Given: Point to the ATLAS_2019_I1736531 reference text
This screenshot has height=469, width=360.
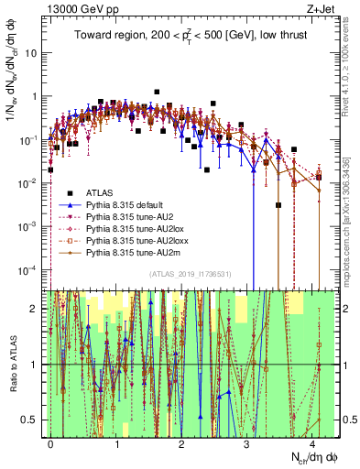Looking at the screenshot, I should pyautogui.click(x=189, y=274).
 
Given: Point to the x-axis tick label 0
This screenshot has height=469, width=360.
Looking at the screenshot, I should pyautogui.click(x=51, y=441).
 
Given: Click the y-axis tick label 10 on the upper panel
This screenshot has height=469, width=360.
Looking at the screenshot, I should pyautogui.click(x=32, y=52).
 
